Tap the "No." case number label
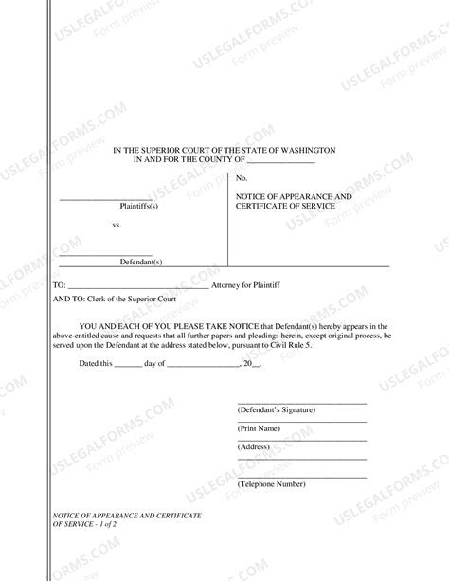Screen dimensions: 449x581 pyautogui.click(x=242, y=178)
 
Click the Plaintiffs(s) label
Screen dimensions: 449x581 pyautogui.click(x=138, y=206)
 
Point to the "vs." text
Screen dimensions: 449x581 pyautogui.click(x=117, y=227)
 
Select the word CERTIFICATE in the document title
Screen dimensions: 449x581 pyautogui.click(x=266, y=207)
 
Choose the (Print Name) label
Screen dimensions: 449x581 pyautogui.click(x=260, y=428)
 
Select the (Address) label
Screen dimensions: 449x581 pyautogui.click(x=255, y=445)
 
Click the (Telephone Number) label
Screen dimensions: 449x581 pyautogui.click(x=271, y=483)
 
